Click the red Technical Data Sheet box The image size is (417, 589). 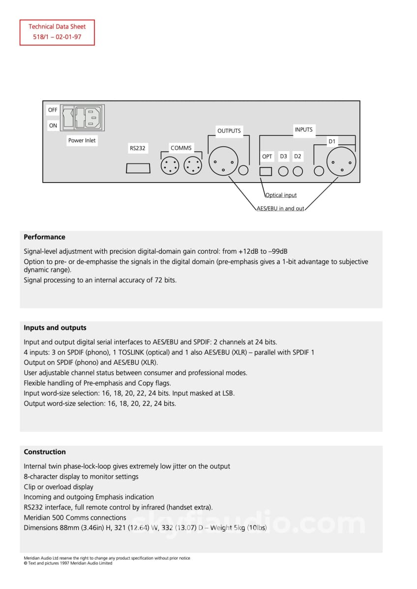click(57, 32)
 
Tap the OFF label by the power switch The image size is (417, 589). click(53, 110)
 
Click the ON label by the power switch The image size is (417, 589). click(53, 125)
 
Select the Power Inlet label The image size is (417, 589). click(82, 140)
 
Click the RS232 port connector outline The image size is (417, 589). click(138, 168)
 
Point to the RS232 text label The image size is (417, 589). click(138, 148)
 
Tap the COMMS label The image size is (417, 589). click(181, 148)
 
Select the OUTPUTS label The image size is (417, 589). click(229, 131)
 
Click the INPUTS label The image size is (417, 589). click(303, 130)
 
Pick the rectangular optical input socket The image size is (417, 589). click(266, 171)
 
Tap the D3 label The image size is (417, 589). click(283, 157)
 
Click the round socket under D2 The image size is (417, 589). click(298, 171)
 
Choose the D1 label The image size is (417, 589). click(332, 141)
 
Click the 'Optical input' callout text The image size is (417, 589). click(281, 195)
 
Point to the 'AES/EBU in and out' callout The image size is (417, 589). click(280, 208)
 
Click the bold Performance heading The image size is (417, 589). click(45, 237)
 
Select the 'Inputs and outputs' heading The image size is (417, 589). click(55, 327)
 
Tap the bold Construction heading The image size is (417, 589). click(45, 452)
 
